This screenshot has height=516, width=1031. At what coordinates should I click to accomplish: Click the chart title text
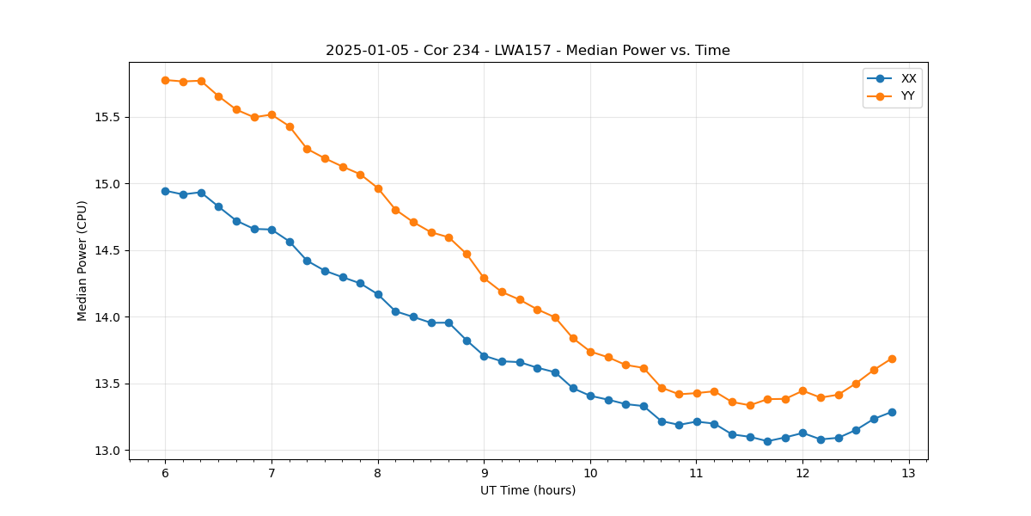[x=528, y=51]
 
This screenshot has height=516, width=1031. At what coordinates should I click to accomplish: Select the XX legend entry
[x=908, y=78]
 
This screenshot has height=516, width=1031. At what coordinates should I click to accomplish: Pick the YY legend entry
[x=907, y=96]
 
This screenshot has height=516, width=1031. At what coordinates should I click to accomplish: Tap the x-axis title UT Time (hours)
[x=528, y=491]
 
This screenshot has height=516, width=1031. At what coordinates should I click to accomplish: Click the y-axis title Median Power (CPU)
[x=82, y=261]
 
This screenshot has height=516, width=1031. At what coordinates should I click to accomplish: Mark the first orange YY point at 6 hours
[x=165, y=80]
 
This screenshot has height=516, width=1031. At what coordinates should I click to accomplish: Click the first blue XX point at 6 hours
[x=165, y=191]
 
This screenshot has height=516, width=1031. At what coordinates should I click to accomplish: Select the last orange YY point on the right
[x=892, y=359]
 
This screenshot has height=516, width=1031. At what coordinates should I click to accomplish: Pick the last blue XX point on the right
[x=892, y=412]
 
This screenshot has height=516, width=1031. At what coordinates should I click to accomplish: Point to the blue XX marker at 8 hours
[x=378, y=294]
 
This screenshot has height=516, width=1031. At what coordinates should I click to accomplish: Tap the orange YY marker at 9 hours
[x=484, y=278]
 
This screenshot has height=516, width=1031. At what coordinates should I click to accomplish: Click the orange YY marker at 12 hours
[x=802, y=390]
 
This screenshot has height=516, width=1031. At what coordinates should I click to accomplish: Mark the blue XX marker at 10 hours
[x=590, y=396]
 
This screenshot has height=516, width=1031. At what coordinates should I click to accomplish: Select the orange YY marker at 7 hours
[x=271, y=114]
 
